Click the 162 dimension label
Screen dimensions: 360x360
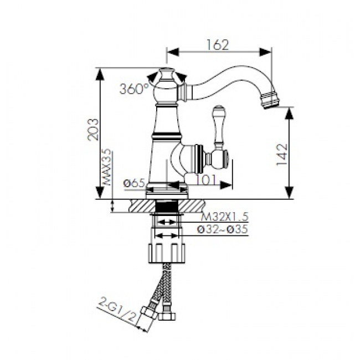pyautogui.click(x=218, y=45)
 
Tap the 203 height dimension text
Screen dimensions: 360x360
pyautogui.click(x=94, y=129)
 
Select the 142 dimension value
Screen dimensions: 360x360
pyautogui.click(x=282, y=155)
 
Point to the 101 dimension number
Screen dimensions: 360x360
pyautogui.click(x=205, y=180)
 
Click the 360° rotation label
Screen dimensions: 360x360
pyautogui.click(x=135, y=89)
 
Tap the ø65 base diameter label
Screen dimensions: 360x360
pyautogui.click(x=135, y=183)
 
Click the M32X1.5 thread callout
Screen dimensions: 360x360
pyautogui.click(x=225, y=217)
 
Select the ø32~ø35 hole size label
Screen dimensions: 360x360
pyautogui.click(x=223, y=229)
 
